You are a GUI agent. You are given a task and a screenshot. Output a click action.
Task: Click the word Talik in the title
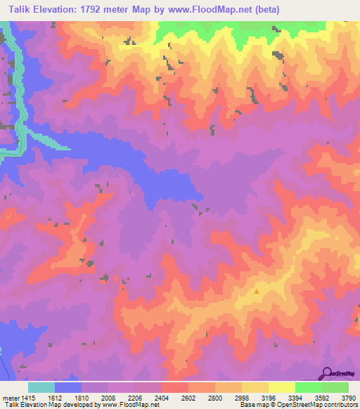click(17, 9)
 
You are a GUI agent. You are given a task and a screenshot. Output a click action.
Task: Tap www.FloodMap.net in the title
click(226, 9)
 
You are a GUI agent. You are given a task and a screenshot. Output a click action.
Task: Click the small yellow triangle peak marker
click(257, 291)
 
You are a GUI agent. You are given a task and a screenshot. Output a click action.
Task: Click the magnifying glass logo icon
click(328, 372)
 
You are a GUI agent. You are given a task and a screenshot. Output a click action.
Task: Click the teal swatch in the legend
click(41, 387)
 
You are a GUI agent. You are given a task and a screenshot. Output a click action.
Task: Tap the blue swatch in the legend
click(68, 387)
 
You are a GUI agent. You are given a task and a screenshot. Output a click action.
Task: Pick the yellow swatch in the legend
click(282, 387)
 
